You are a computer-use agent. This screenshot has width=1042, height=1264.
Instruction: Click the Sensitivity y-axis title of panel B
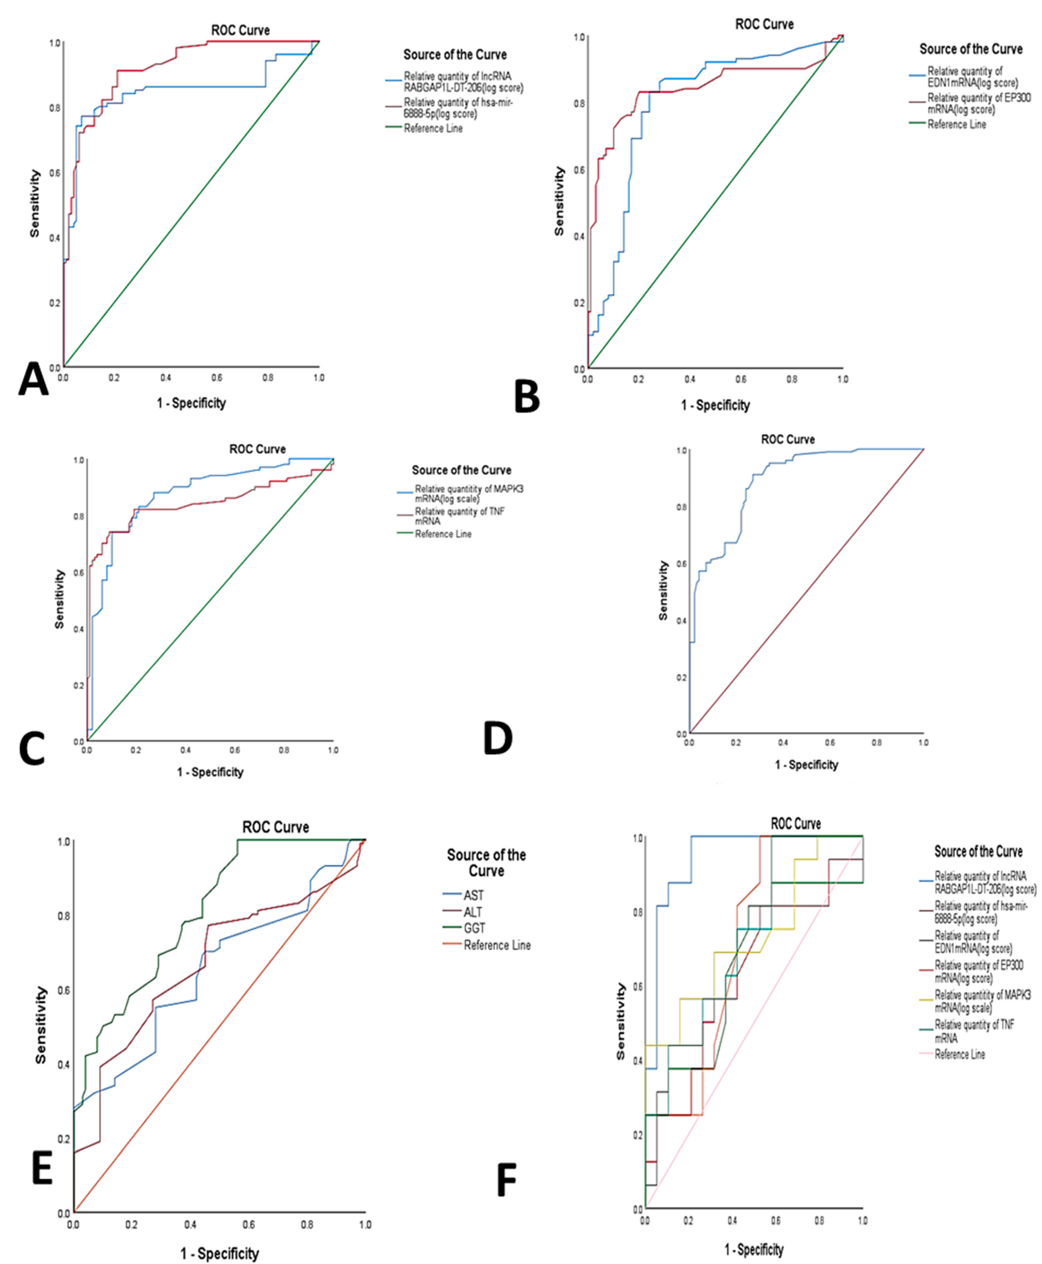[559, 201]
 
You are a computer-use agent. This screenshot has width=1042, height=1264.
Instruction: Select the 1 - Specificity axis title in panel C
[210, 772]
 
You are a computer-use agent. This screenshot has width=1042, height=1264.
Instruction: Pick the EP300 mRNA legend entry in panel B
[978, 103]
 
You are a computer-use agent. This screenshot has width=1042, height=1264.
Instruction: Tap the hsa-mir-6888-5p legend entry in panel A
[458, 108]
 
